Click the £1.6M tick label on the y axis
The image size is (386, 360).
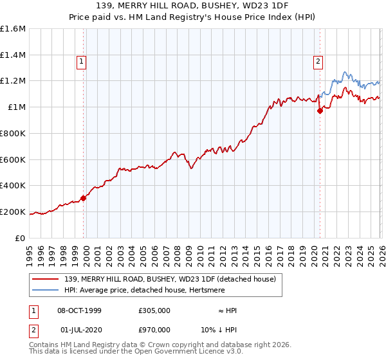pos(13,29)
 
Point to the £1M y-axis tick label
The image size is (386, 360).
pos(16,107)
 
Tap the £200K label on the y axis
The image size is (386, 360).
pos(13,212)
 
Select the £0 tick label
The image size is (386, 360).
pos(21,238)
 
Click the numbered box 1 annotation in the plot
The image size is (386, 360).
pos(83,62)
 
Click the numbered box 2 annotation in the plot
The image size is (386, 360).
pos(318,62)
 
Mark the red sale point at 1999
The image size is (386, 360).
pos(83,198)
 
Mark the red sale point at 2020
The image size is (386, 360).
pos(320,111)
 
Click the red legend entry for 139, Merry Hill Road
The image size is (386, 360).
pos(170,278)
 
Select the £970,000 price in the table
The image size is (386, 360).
pos(154,330)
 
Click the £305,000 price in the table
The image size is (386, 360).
pos(154,310)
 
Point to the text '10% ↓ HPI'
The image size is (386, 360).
pos(218,330)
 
